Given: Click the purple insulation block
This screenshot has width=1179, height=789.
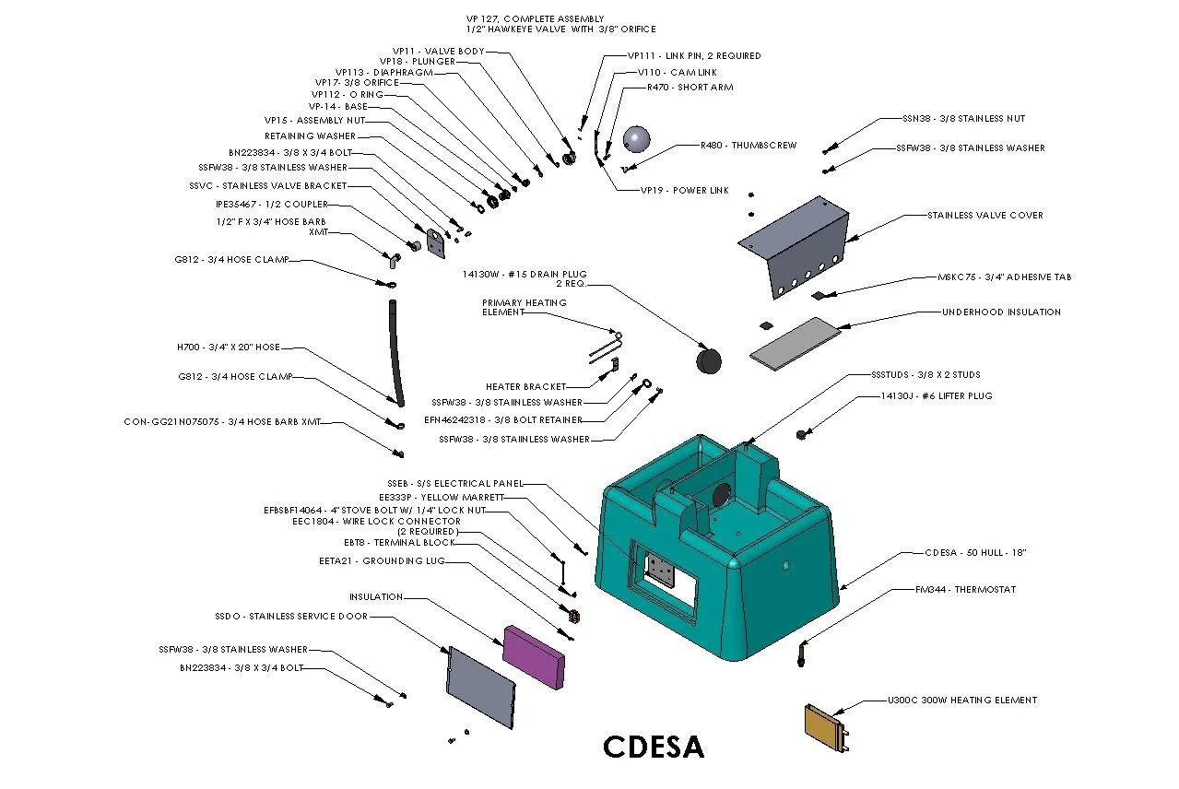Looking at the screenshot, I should point(534,655).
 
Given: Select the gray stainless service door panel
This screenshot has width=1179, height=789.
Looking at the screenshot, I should point(480,687).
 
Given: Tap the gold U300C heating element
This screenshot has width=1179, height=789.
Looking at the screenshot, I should point(825,727).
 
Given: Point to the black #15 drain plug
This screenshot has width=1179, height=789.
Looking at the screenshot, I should point(707,360).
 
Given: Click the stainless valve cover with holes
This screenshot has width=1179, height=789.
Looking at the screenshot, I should point(794,245).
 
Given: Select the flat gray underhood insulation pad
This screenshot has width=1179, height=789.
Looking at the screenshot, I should point(795,340).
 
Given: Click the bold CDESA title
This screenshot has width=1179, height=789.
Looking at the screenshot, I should point(654,747).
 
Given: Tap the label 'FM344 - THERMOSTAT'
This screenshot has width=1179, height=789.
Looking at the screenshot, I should point(966,589).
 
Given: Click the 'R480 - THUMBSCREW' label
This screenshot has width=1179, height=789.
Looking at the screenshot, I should point(748,146).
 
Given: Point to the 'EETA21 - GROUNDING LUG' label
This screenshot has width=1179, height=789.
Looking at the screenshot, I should point(371,560).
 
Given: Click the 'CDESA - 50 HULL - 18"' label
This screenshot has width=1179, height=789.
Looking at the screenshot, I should point(975,553).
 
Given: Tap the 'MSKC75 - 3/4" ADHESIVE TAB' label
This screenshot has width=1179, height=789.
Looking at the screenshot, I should point(1004,277).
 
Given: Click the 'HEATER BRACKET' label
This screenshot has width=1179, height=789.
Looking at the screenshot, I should point(525,387).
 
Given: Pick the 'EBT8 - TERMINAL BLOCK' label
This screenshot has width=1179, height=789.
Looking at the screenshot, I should point(399,543).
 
